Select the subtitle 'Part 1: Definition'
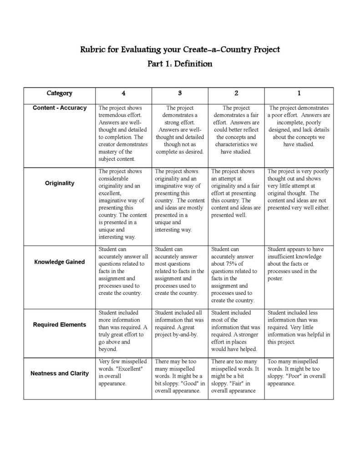click(180, 64)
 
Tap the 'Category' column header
click(59, 93)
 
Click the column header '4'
click(124, 93)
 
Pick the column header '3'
click(180, 93)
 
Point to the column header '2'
click(236, 93)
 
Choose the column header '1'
click(299, 93)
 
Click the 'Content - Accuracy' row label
click(59, 108)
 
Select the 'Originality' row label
click(59, 183)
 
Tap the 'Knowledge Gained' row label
click(59, 262)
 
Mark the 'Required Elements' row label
click(59, 324)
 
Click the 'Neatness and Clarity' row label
click(59, 373)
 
